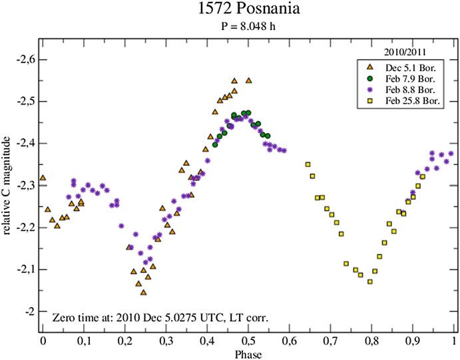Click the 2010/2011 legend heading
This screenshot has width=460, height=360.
407,51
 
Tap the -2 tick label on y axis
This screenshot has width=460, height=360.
28,311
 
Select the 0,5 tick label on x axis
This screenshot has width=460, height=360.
248,341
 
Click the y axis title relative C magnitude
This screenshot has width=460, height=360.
8,185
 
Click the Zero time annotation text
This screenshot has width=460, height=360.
160,317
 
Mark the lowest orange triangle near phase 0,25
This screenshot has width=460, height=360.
143,292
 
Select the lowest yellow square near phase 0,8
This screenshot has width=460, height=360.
369,281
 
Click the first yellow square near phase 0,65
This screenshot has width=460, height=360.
308,164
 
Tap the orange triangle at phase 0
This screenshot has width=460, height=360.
43,178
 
